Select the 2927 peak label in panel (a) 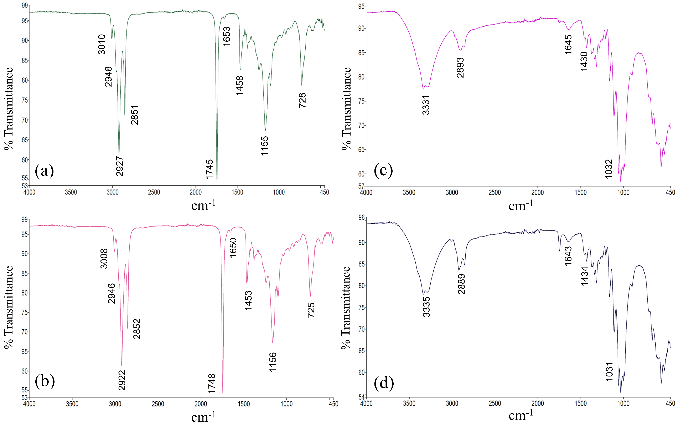pyautogui.click(x=120, y=166)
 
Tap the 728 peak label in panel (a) pyautogui.click(x=302, y=100)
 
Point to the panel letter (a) pyautogui.click(x=44, y=171)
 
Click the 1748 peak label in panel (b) pyautogui.click(x=211, y=384)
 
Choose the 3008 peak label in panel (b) pyautogui.click(x=104, y=258)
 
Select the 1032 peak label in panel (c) pyautogui.click(x=609, y=169)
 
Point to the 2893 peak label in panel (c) pyautogui.click(x=460, y=68)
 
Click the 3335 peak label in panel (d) pyautogui.click(x=426, y=307)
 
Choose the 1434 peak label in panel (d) pyautogui.click(x=585, y=276)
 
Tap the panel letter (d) pyautogui.click(x=383, y=383)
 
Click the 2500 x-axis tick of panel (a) pyautogui.click(x=154, y=192)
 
